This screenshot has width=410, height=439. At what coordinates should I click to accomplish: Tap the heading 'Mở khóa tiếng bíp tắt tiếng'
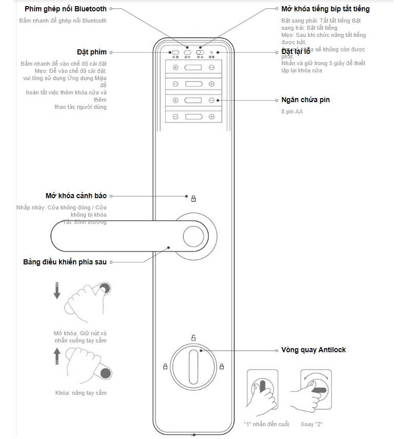click(325, 9)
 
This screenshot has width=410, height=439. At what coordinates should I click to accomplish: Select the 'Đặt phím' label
click(91, 52)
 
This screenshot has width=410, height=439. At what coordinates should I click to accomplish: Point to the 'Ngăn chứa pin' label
click(305, 100)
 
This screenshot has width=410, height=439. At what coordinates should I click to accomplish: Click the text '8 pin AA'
click(291, 111)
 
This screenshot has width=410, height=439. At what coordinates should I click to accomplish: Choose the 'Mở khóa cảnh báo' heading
click(76, 196)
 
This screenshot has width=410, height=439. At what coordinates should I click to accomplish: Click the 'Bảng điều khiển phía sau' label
click(65, 262)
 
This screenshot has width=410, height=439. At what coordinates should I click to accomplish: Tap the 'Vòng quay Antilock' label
click(314, 350)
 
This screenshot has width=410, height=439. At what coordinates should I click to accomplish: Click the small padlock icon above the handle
click(193, 198)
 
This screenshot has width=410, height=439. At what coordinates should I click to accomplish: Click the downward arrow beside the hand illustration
click(56, 291)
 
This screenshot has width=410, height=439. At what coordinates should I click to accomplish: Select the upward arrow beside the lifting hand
click(56, 355)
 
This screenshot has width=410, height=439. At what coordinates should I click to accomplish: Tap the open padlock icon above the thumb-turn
click(193, 337)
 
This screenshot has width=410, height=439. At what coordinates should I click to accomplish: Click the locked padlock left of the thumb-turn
click(165, 367)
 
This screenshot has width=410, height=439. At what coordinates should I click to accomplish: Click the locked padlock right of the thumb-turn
click(222, 367)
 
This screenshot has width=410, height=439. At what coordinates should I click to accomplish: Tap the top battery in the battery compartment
click(193, 67)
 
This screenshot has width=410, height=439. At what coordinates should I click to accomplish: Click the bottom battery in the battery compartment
click(193, 117)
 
